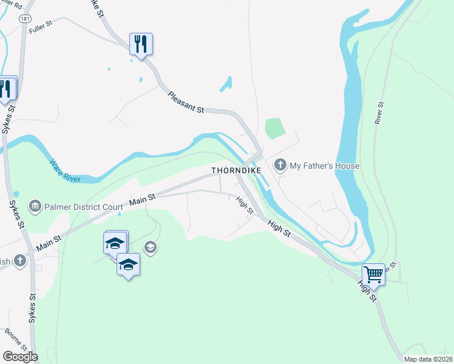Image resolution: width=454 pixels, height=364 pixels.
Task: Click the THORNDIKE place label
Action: (x=236, y=171)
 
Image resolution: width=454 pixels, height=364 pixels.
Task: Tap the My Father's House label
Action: (x=325, y=166)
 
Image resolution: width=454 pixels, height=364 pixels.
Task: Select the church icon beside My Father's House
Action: (x=280, y=165)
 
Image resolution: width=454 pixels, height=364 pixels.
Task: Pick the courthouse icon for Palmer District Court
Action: (x=35, y=206)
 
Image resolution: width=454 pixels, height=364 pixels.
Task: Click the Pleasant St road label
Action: (x=186, y=101)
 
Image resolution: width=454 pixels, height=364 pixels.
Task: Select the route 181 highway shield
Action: (x=25, y=19)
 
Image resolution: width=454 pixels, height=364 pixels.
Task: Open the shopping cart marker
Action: (x=373, y=274)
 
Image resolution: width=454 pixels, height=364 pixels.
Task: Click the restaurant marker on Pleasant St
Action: (x=141, y=44)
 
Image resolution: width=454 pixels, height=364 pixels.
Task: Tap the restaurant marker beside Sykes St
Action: (x=5, y=89)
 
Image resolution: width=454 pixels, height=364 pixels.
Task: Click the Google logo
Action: (x=21, y=357)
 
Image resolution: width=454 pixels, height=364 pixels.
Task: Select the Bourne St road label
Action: (x=16, y=339)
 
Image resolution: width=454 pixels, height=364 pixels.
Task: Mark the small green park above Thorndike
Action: (x=275, y=127)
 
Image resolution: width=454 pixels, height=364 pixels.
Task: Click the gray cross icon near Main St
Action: (x=20, y=261)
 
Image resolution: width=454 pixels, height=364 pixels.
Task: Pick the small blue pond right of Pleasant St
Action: (x=226, y=84)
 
